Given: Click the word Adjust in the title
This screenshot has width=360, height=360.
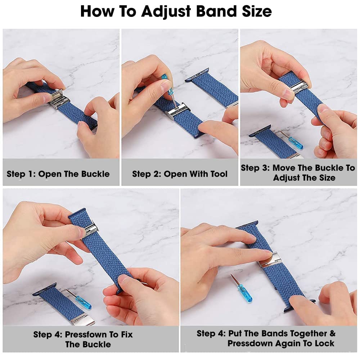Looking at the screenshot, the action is coord(166,12).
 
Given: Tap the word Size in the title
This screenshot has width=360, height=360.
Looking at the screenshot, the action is coord(257,11).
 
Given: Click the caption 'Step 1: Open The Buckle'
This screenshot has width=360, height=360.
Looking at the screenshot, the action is coord(58,174).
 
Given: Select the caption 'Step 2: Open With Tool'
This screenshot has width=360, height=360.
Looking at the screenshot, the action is coord(180,174).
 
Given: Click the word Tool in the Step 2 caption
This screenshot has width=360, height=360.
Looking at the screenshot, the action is coord(219,174).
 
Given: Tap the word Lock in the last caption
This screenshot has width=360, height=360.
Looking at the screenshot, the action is coord(324,343).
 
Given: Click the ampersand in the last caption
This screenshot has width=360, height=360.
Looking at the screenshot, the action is coord(332,333).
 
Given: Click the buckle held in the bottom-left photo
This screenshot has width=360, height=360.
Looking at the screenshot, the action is coord(91,231).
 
